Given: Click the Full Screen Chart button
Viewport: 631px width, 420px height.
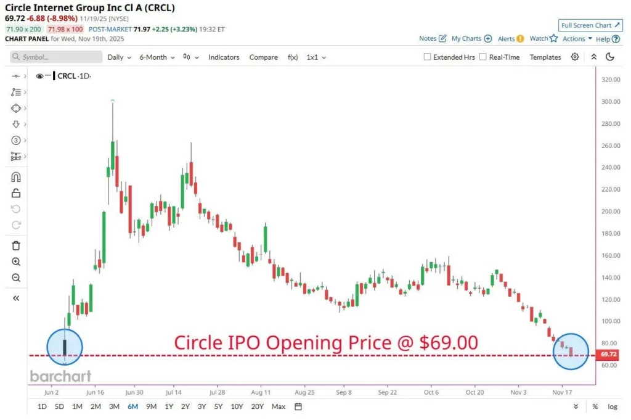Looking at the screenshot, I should [x=590, y=25].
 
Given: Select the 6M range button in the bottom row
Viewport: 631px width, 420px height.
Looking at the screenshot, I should [x=132, y=406].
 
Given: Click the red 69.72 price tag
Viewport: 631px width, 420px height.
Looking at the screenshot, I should [x=608, y=355].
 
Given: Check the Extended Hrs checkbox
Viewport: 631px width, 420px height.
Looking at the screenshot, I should [x=428, y=57].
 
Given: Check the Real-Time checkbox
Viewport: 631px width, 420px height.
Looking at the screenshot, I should [x=483, y=57].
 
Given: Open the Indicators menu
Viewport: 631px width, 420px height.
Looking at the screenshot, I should [x=224, y=57].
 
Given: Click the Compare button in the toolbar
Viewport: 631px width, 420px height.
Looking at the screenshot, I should [x=263, y=57].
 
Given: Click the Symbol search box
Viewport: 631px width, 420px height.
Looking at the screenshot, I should [x=56, y=57].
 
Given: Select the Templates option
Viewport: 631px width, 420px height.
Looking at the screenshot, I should [x=545, y=57].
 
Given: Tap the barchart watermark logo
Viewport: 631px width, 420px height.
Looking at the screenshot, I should [x=60, y=376].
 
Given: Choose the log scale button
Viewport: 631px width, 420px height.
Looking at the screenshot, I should [x=613, y=406].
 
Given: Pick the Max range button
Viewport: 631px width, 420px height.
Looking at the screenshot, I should [x=279, y=406].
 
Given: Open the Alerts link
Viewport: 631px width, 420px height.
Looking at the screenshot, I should [x=510, y=38].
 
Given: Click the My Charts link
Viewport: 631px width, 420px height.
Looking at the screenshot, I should [x=471, y=38].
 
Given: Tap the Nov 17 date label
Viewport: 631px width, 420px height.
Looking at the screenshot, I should [x=562, y=392].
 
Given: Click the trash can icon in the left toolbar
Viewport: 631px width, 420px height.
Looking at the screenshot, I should [x=16, y=245].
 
